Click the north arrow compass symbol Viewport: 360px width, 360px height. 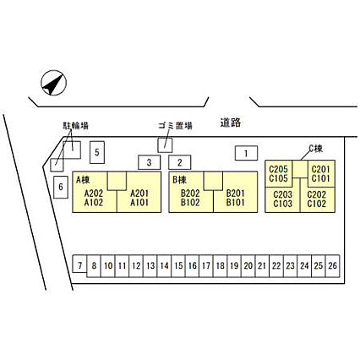click(x=53, y=83)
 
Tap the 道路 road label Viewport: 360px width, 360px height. click(x=231, y=123)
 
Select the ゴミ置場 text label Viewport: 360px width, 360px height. click(x=175, y=126)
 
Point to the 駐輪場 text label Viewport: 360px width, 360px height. click(x=75, y=125)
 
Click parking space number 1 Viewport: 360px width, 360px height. click(x=246, y=153)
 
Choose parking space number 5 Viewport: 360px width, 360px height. click(x=97, y=152)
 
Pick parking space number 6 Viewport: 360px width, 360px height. click(x=61, y=187)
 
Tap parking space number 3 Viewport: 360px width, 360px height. click(x=149, y=162)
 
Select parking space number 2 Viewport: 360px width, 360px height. click(x=180, y=162)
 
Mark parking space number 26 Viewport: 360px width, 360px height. click(x=333, y=266)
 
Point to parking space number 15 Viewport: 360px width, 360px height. click(x=178, y=266)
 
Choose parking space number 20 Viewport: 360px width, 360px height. click(x=248, y=266)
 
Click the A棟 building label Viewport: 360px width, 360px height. click(x=83, y=180)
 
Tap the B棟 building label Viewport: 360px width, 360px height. click(x=179, y=180)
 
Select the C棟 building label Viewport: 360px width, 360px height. click(x=316, y=149)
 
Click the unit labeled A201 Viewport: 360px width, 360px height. click(x=139, y=194)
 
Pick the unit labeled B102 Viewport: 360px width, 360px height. click(x=190, y=202)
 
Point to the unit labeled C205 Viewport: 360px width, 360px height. click(x=278, y=169)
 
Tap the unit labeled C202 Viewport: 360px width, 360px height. click(x=317, y=194)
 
